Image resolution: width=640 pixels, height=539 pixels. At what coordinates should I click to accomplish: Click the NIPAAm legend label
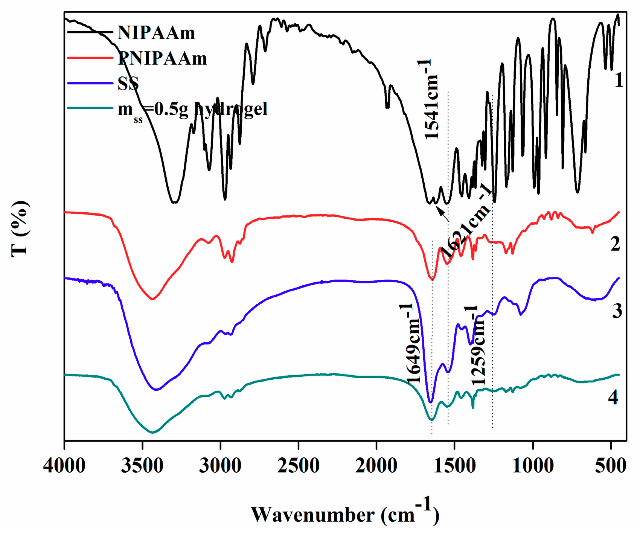coord(156,33)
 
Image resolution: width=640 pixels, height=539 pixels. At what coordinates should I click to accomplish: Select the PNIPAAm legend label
coord(162,58)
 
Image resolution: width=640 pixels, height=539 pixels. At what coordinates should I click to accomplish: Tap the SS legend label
coord(128,84)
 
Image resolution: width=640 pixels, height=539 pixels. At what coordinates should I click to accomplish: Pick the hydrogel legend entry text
coord(192,110)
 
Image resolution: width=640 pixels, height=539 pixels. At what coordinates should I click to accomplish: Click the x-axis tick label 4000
coord(64,466)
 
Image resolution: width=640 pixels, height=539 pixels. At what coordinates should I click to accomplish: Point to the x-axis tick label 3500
coord(142,466)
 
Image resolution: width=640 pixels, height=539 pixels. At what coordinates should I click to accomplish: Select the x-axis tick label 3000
coord(220,466)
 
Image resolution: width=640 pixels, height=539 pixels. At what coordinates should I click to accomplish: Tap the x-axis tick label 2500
coord(298,466)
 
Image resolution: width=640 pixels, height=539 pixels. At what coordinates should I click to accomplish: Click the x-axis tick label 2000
coord(376,466)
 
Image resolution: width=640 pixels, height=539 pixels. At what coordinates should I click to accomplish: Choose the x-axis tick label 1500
coord(454,466)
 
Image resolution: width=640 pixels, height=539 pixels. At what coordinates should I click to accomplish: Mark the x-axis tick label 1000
coord(533,466)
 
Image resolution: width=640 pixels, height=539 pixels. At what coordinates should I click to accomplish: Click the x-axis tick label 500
coord(611,466)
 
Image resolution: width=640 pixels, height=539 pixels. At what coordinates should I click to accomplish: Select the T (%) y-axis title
coord(20,228)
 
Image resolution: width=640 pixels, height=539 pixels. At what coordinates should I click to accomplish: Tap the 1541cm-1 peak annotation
coord(431,100)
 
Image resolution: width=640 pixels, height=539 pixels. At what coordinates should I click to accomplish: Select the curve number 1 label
coord(619,80)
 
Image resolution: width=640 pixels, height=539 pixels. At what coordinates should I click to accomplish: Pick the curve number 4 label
coord(613,397)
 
